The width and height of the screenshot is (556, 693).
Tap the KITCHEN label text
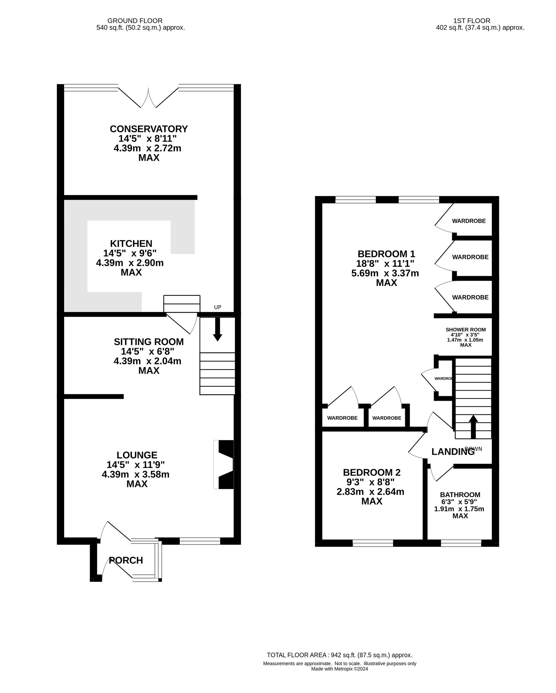pyautogui.click(x=131, y=243)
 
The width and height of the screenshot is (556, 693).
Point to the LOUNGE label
pyautogui.click(x=137, y=455)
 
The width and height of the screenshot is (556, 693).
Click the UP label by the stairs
pyautogui.click(x=218, y=307)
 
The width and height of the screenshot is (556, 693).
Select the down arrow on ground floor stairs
pyautogui.click(x=217, y=329)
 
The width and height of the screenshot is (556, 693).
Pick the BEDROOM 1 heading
pyautogui.click(x=386, y=254)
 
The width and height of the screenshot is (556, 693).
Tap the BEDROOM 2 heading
pyautogui.click(x=372, y=472)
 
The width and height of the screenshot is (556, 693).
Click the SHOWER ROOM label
pyautogui.click(x=466, y=329)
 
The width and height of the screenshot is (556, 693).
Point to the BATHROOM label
pyautogui.click(x=460, y=495)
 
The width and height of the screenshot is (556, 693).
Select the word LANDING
pyautogui.click(x=453, y=452)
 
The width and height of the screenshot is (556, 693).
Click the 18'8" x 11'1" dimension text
pyautogui.click(x=385, y=264)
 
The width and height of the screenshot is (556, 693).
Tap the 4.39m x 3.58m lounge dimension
pyautogui.click(x=135, y=474)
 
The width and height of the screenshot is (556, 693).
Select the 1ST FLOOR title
pyautogui.click(x=472, y=21)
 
